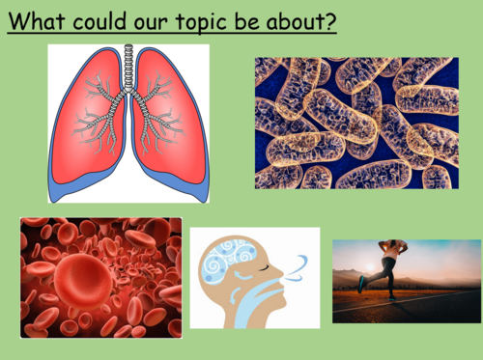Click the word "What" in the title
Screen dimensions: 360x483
pos(38,20)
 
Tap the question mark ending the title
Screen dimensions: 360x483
pos(330,20)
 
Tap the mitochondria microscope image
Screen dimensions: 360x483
pos(356,123)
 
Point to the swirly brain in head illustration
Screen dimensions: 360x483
pos(232,266)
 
